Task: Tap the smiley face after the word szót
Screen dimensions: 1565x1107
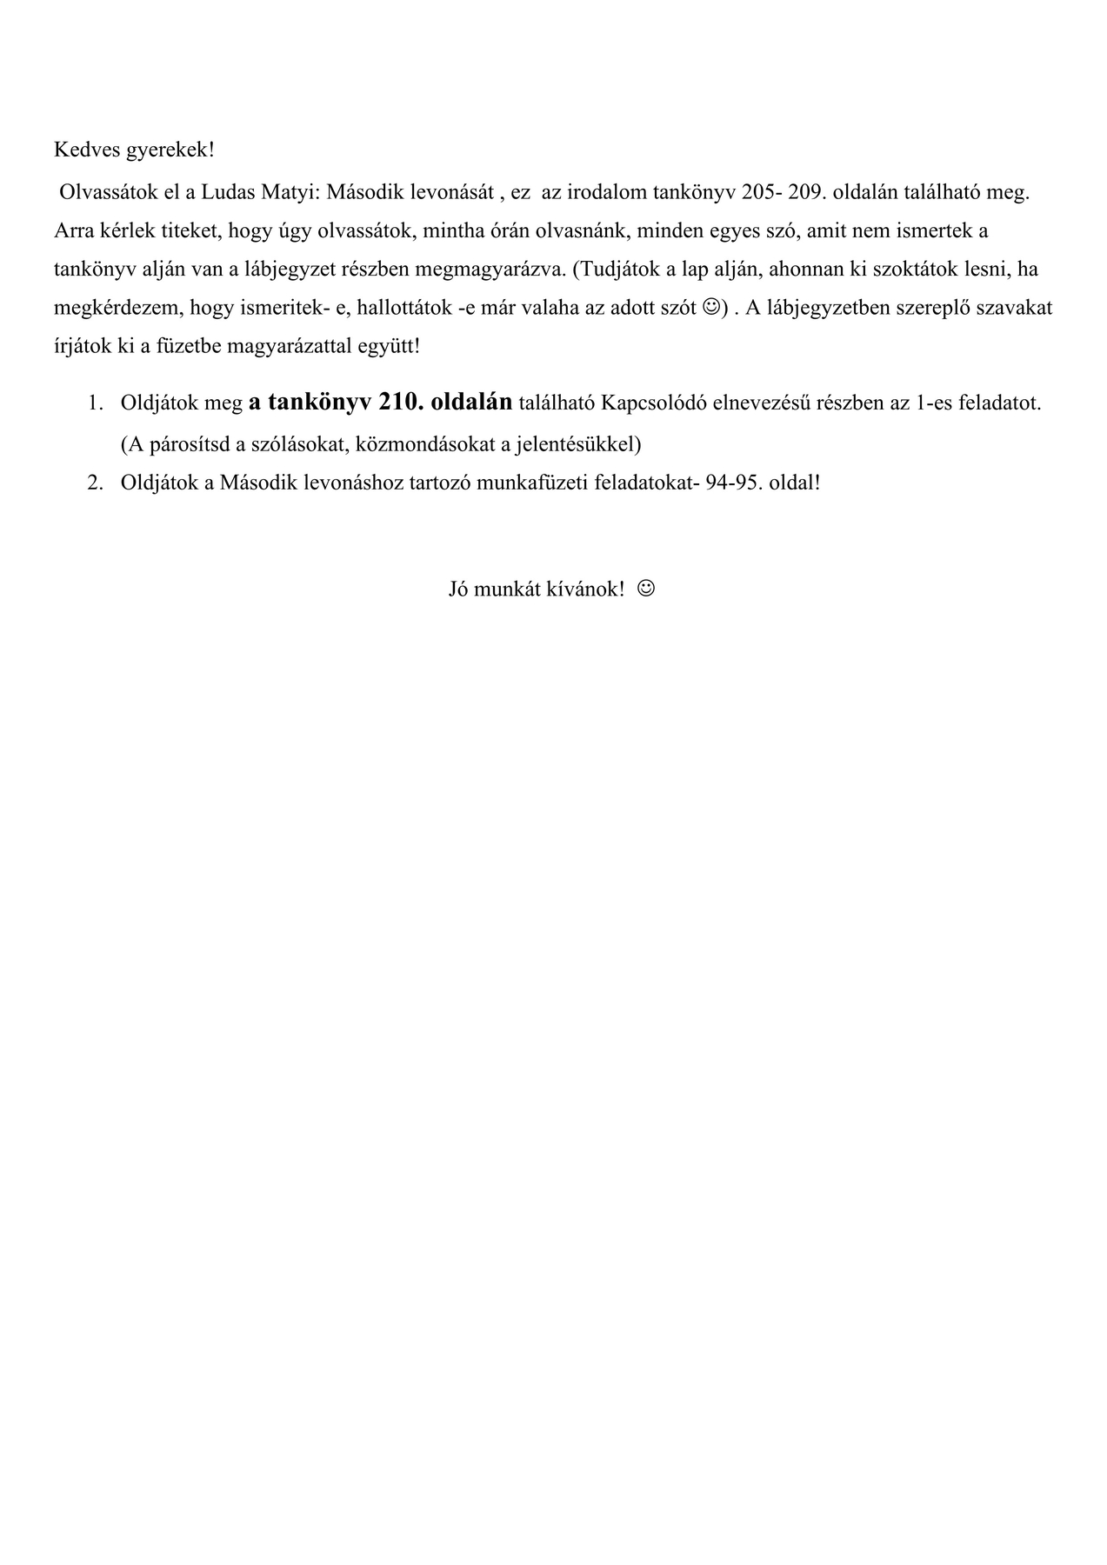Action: click(x=710, y=307)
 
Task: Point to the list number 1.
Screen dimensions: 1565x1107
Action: click(x=95, y=403)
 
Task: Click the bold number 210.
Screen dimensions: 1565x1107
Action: click(x=401, y=402)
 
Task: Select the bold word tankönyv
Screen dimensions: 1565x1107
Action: click(x=320, y=402)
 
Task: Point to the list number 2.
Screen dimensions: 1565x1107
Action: click(x=95, y=483)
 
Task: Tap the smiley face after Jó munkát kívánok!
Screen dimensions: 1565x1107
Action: click(x=646, y=589)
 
